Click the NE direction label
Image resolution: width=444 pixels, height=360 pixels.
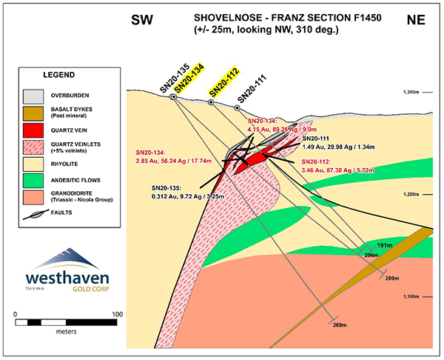click(416, 20)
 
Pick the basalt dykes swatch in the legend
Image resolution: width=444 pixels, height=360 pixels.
click(32, 113)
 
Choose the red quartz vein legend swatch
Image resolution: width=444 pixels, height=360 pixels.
click(32, 131)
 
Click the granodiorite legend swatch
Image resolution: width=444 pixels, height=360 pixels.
click(32, 196)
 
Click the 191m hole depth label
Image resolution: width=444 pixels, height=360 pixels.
click(384, 244)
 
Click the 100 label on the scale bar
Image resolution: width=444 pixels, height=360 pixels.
click(115, 315)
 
